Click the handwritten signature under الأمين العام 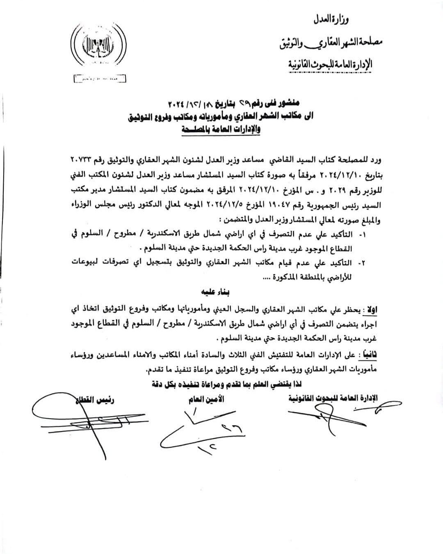click(197, 431)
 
